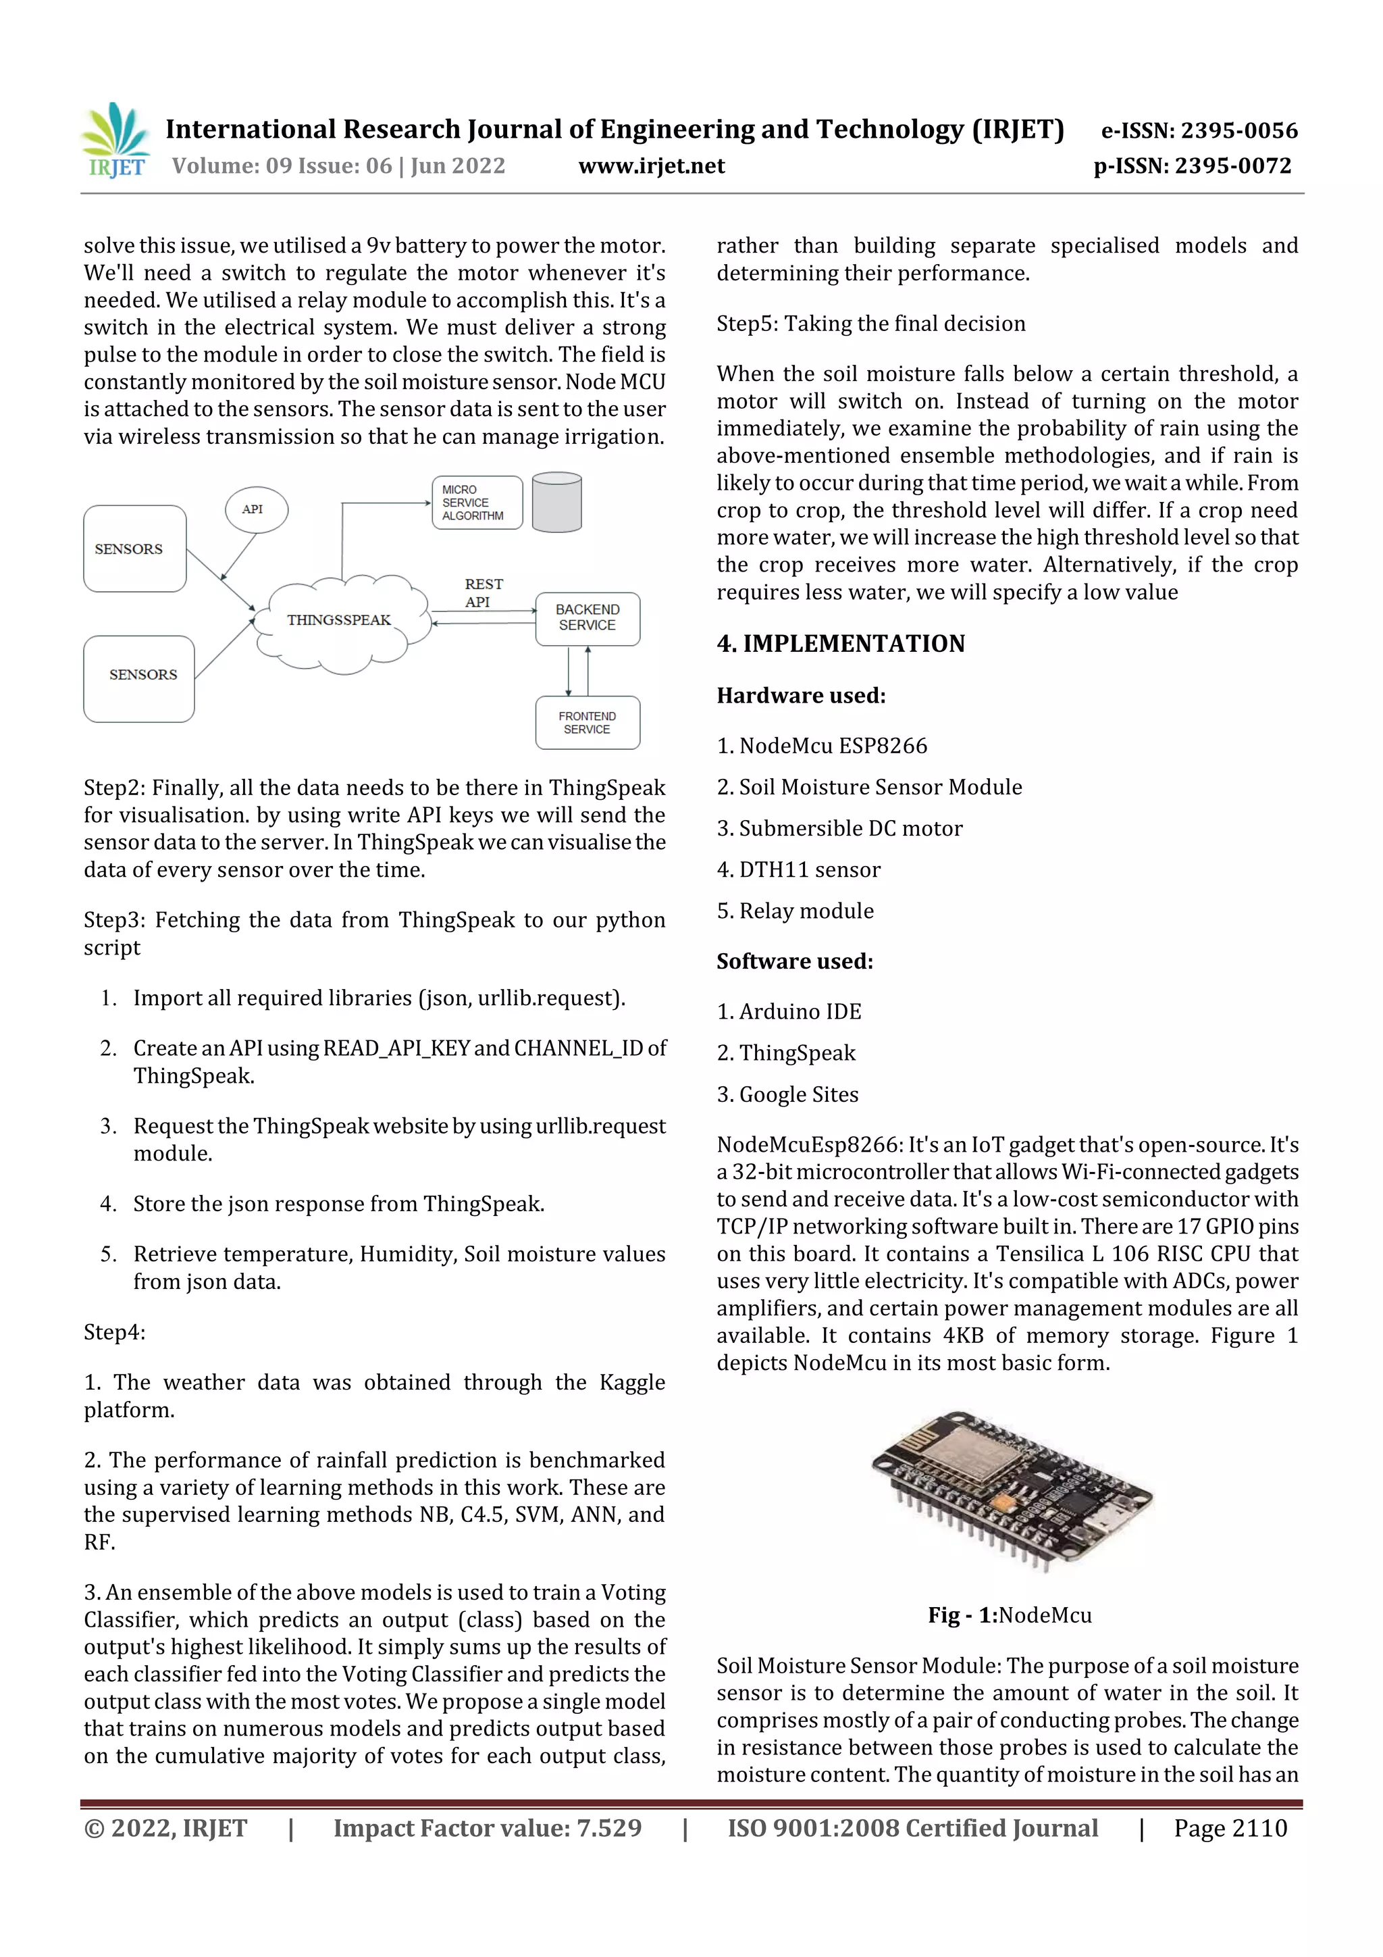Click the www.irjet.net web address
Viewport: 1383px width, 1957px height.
pos(651,166)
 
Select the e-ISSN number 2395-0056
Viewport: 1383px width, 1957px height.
pos(1199,130)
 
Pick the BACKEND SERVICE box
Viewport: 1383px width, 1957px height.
pos(587,619)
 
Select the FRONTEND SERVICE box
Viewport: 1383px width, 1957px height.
pos(587,723)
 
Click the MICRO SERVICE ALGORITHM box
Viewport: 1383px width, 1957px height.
pos(475,503)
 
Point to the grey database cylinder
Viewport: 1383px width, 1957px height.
pos(556,503)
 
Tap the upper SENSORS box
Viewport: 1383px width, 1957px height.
pos(134,549)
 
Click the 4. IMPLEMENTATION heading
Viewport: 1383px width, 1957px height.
pos(840,644)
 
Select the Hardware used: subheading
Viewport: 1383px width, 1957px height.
pos(801,696)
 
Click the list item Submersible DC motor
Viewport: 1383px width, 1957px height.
pos(839,828)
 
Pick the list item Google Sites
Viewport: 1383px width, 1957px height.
pos(787,1094)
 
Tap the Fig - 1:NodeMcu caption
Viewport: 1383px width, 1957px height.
pos(1009,1615)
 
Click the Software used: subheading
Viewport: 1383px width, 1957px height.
pos(794,961)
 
